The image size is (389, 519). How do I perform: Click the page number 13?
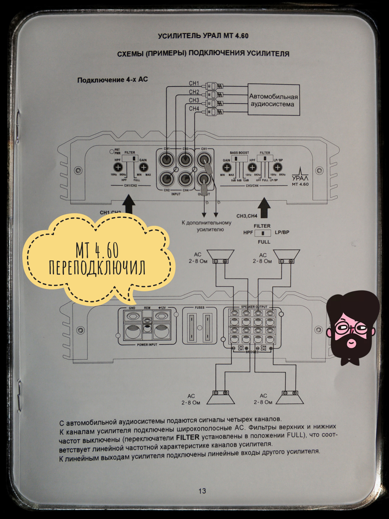pyautogui.click(x=202, y=491)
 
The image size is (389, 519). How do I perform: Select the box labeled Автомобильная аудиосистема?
pyautogui.click(x=274, y=100)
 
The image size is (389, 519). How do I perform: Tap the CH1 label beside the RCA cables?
pyautogui.click(x=194, y=84)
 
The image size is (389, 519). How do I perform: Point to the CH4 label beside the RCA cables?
pyautogui.click(x=194, y=109)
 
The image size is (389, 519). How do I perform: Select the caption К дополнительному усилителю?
pyautogui.click(x=207, y=226)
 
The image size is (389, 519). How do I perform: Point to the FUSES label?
pyautogui.click(x=200, y=308)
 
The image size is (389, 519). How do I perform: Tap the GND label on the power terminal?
pyautogui.click(x=132, y=308)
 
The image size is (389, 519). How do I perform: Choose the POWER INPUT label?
pyautogui.click(x=147, y=345)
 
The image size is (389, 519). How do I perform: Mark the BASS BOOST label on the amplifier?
pyautogui.click(x=239, y=153)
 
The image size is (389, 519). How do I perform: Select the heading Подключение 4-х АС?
pyautogui.click(x=113, y=80)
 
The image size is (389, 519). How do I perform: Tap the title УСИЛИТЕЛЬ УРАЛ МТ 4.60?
pyautogui.click(x=203, y=36)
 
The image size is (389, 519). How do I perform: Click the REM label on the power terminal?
pyautogui.click(x=147, y=308)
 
